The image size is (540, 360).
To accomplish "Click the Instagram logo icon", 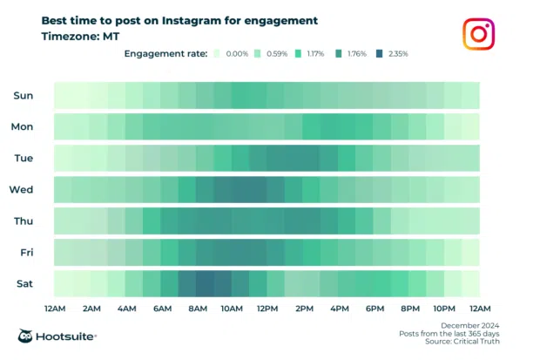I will coord(477,34).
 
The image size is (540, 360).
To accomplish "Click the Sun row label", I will coord(24,95).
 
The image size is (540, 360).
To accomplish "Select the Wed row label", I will coord(22,189).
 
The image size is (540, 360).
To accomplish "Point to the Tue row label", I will coord(24,158).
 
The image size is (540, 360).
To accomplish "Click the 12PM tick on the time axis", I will coord(267,309).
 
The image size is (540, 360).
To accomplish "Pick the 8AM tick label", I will coord(197,309).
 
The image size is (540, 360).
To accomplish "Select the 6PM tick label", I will coord(375,309).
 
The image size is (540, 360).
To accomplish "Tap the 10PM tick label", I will coord(444,309).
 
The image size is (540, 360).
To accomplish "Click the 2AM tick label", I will coord(91,309).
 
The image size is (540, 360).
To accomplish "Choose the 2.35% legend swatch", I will coord(380,54).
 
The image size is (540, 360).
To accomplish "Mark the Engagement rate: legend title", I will coord(165,54).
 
